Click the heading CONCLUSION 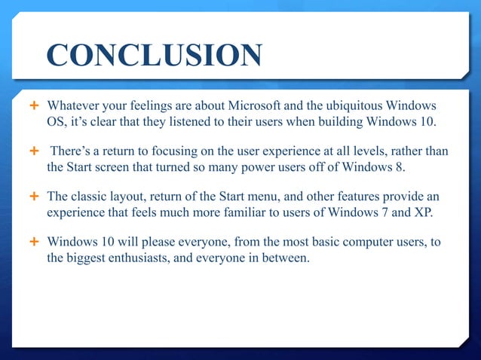click(154, 56)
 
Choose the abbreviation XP click(424, 213)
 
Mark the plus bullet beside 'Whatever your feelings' click(34, 103)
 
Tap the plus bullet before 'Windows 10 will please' click(34, 242)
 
